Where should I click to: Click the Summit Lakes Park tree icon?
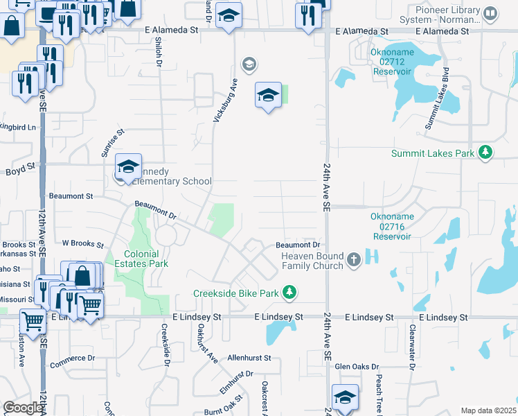486,153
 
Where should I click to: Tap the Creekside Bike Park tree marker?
290,293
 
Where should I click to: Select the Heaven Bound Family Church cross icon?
353,260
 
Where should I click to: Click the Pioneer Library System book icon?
490,13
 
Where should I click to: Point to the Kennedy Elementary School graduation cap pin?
128,167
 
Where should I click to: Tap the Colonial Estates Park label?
146,259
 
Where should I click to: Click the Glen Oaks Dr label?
357,366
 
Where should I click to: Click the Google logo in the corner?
23,407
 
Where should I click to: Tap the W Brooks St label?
82,244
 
